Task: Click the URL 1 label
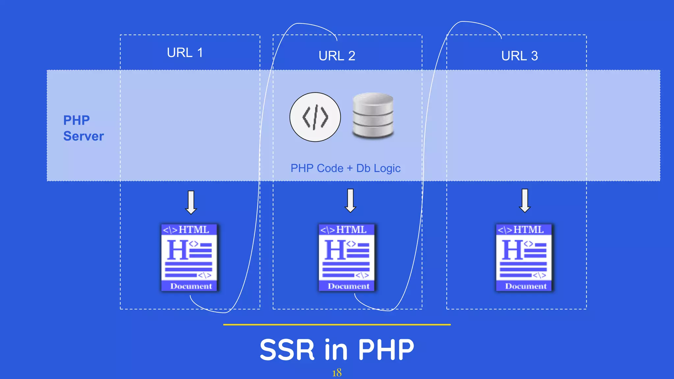coord(185,53)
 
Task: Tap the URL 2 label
coord(337,56)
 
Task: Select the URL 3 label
coord(519,56)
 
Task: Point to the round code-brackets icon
coord(315,117)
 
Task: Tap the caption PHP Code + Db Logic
coord(345,168)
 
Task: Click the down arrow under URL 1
coord(191,202)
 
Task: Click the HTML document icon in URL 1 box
coord(189,258)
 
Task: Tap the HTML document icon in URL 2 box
coord(347,258)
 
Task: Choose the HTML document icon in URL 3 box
coord(524,258)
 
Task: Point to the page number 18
coord(337,373)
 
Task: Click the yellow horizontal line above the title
coord(337,325)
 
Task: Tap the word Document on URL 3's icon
coord(526,286)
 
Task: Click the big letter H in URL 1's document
coord(178,250)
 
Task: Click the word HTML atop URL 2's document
coord(351,230)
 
